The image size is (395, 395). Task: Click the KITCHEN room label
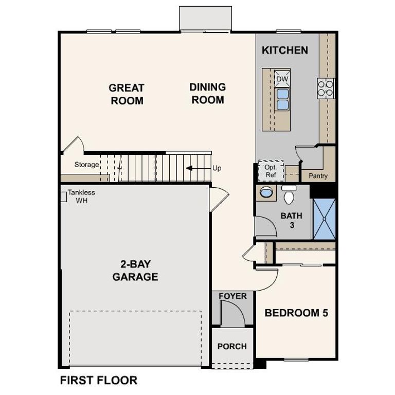(x=285, y=50)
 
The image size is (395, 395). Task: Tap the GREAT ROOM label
(x=127, y=94)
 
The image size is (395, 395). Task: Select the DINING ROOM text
(x=208, y=93)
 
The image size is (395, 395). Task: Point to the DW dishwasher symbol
(x=282, y=79)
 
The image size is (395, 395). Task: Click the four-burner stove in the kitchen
(x=326, y=87)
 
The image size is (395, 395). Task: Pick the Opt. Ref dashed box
(x=271, y=171)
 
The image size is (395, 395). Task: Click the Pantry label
(x=318, y=176)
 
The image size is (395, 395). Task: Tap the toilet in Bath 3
(x=288, y=194)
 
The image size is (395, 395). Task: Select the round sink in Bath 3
(x=267, y=192)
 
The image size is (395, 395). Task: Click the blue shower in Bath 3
(x=324, y=219)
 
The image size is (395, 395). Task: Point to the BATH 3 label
(x=291, y=220)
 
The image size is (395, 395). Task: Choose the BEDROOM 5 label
(x=296, y=313)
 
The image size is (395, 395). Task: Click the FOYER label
(x=232, y=296)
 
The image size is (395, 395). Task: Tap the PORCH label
(x=232, y=346)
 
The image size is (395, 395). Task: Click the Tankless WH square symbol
(x=63, y=196)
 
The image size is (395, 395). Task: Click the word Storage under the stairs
(x=86, y=165)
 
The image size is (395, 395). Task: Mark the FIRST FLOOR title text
(x=99, y=381)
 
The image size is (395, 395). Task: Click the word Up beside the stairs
(x=217, y=168)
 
